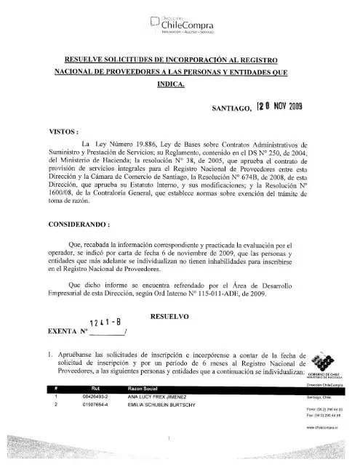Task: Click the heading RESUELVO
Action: [169, 317]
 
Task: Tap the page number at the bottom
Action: [168, 439]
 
